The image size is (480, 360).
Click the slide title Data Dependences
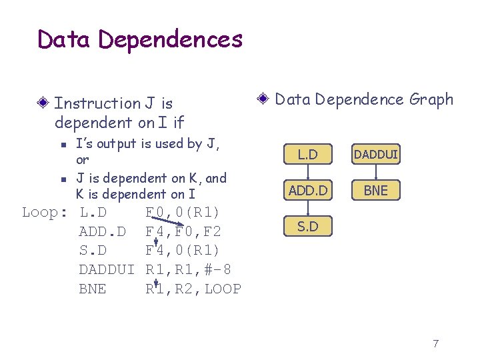(x=140, y=39)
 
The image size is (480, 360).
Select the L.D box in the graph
(x=307, y=155)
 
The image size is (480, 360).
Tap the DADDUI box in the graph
(x=376, y=155)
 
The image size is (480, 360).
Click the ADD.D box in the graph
(x=307, y=191)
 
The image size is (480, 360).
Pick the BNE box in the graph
(x=376, y=191)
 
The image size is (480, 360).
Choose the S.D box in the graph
(x=307, y=227)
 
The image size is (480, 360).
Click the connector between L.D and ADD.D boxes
(x=307, y=173)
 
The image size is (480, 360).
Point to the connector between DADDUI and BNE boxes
(x=376, y=173)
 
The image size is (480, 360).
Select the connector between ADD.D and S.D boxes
(x=307, y=209)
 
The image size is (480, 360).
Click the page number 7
(x=435, y=344)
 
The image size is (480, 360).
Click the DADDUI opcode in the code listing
(x=107, y=270)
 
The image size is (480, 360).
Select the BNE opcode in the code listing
(x=92, y=289)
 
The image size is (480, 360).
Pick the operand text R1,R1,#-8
(x=189, y=270)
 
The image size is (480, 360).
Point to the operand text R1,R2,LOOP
(x=193, y=289)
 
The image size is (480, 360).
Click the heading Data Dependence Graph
(x=364, y=100)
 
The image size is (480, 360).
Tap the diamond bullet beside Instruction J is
(x=43, y=103)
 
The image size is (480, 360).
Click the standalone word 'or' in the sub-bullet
(x=82, y=160)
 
